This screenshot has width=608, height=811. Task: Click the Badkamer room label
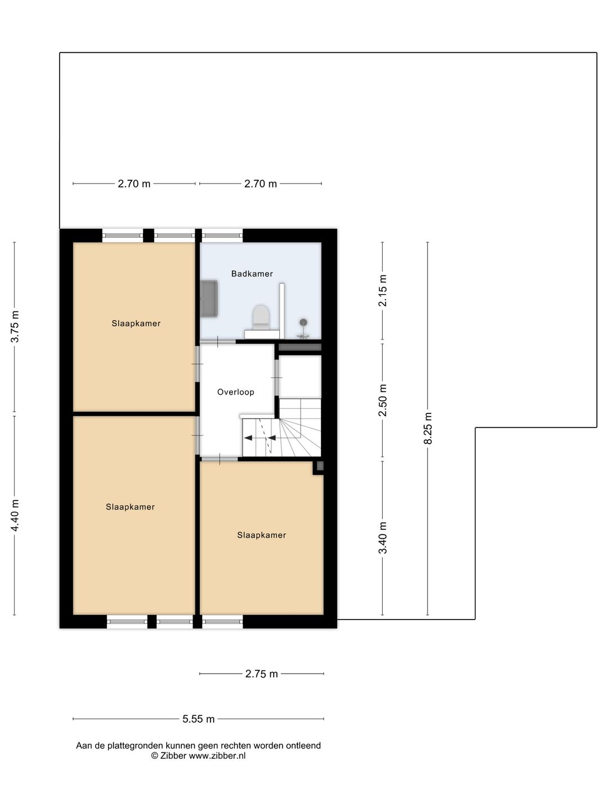point(252,274)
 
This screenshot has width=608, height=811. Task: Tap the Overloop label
point(235,392)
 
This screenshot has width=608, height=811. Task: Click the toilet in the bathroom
point(261,317)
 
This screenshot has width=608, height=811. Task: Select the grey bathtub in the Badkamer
point(210,298)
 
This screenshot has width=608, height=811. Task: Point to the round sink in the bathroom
point(303,323)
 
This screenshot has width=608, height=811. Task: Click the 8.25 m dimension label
point(428,428)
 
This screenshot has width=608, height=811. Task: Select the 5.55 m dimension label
point(198,719)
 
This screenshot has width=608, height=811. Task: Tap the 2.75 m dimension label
point(261,674)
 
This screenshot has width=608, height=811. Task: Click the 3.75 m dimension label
point(15,327)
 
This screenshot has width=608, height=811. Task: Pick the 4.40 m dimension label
point(15,515)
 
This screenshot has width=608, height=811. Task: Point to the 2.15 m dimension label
point(383,291)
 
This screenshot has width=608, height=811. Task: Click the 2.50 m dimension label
point(383,400)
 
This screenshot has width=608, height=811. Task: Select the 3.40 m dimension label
point(383,537)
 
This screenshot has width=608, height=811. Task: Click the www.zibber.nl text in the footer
point(217,756)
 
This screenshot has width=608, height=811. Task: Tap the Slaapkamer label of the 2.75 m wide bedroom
point(261,535)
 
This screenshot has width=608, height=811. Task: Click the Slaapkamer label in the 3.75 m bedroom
point(136,323)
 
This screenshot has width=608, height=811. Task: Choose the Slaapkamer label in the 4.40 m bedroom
point(130,507)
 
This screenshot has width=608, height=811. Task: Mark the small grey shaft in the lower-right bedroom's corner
point(320,466)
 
